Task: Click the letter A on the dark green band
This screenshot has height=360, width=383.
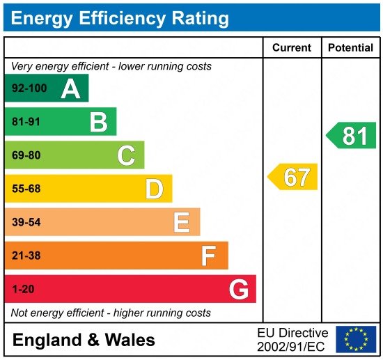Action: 70,88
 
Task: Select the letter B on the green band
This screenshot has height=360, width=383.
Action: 98,122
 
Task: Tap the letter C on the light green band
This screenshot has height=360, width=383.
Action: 126,155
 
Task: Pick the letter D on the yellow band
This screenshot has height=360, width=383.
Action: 154,189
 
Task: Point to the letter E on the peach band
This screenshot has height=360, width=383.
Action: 182,222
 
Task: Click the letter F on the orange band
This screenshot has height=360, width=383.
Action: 209,256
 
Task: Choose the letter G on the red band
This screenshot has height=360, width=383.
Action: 238,289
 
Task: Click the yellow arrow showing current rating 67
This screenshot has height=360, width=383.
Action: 293,177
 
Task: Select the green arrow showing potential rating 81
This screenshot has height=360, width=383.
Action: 352,135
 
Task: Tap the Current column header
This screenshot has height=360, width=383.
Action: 292,48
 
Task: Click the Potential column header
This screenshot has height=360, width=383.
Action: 350,48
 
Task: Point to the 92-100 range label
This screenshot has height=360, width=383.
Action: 28,88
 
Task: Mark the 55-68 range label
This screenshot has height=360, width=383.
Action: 26,189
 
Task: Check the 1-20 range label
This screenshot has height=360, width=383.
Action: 22,289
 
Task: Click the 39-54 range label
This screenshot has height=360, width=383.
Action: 26,222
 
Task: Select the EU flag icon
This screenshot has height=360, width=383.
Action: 355,340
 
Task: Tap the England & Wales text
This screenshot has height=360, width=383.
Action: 84,341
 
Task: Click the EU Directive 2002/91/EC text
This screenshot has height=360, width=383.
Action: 292,340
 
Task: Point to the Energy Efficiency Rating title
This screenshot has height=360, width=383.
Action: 120,17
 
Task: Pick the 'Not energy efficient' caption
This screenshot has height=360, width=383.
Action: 111,313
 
